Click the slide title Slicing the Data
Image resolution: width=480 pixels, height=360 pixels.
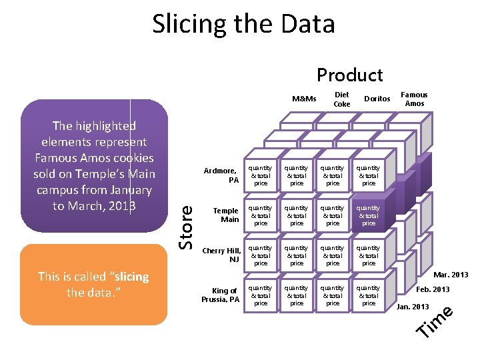[x=243, y=25]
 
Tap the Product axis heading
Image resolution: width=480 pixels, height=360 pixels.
[x=349, y=75]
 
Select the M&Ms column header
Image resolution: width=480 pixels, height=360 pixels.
[x=304, y=99]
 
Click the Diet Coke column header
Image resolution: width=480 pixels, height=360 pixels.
[x=341, y=99]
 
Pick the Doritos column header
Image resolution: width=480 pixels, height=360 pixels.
[x=377, y=99]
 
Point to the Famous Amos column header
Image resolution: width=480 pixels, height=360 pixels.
[x=414, y=99]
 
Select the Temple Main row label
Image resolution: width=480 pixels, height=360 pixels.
[x=225, y=215]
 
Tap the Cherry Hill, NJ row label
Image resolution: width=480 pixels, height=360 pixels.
[x=222, y=255]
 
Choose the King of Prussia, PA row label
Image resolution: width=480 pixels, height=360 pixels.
[x=221, y=295]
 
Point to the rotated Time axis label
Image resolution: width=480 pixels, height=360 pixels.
[x=435, y=321]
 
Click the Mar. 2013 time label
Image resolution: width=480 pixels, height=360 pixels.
[x=451, y=275]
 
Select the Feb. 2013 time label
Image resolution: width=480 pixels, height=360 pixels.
[x=433, y=289]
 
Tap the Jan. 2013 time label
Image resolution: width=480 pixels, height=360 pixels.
[x=413, y=306]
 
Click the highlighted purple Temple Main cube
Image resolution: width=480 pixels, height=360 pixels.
[x=369, y=215]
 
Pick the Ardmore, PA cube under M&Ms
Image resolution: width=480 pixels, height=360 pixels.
[x=261, y=175]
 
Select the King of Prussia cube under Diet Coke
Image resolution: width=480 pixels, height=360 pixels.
[x=297, y=295]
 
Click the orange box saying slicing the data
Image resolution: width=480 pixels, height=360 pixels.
[x=93, y=285]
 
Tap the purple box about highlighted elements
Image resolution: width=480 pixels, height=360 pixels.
[x=93, y=166]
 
